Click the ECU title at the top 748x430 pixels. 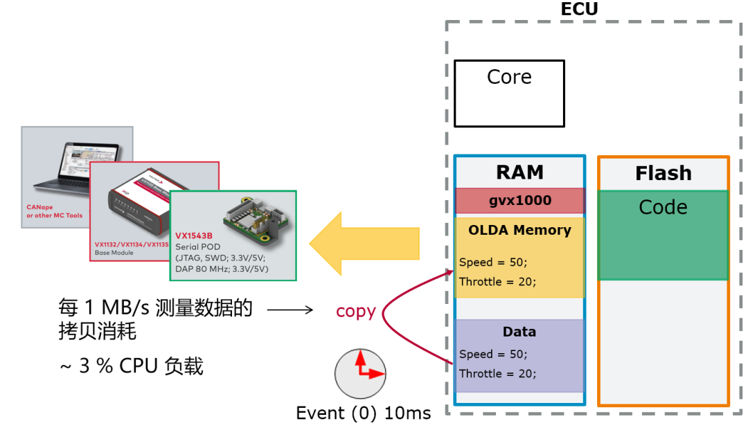pyautogui.click(x=578, y=9)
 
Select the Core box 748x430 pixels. pyautogui.click(x=509, y=93)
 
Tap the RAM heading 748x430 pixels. pyautogui.click(x=519, y=172)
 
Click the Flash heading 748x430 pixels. pyautogui.click(x=663, y=173)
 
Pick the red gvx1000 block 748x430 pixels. pyautogui.click(x=519, y=201)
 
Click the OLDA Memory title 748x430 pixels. pyautogui.click(x=519, y=230)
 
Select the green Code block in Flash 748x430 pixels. pyautogui.click(x=663, y=235)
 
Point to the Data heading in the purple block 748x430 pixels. pyautogui.click(x=519, y=332)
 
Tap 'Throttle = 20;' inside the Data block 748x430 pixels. pyautogui.click(x=497, y=374)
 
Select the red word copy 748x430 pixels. pyautogui.click(x=355, y=312)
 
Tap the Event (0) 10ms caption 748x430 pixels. pyautogui.click(x=363, y=413)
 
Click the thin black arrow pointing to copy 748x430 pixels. pyautogui.click(x=290, y=311)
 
